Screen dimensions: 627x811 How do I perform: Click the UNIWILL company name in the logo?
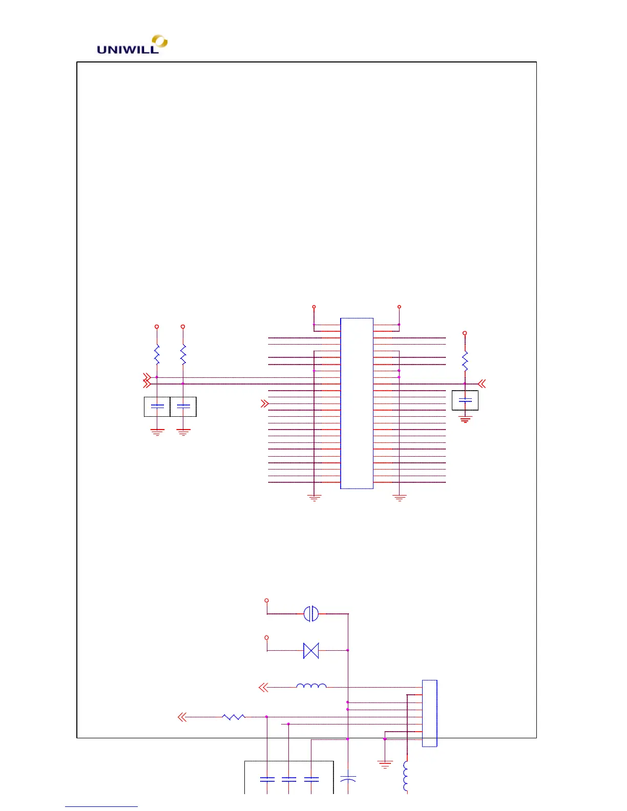click(128, 50)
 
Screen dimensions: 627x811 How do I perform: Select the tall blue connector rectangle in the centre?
click(357, 403)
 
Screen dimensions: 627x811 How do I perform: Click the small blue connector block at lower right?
click(429, 713)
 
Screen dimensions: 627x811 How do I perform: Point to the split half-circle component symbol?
click(311, 613)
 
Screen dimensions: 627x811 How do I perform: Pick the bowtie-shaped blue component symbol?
click(311, 651)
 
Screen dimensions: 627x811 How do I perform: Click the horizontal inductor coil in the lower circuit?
click(311, 686)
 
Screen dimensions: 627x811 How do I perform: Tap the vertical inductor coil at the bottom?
click(406, 776)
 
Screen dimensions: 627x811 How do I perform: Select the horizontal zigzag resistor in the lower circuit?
click(234, 717)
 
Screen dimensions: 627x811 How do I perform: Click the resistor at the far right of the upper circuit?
click(465, 361)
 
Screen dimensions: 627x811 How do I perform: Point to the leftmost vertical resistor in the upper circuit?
click(157, 354)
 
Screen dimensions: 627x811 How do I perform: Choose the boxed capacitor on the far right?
click(465, 400)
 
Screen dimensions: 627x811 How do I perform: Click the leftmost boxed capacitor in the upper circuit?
click(157, 407)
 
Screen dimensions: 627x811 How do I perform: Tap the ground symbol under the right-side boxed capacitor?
click(465, 420)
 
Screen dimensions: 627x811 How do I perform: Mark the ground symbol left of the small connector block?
click(385, 764)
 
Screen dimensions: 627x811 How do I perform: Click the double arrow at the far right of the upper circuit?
click(482, 383)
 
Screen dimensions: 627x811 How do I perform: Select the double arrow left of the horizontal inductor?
click(264, 687)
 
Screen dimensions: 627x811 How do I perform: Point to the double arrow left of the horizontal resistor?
click(182, 717)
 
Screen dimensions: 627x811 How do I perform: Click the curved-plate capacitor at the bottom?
click(348, 779)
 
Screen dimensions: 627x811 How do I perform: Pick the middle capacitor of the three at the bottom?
click(289, 779)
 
